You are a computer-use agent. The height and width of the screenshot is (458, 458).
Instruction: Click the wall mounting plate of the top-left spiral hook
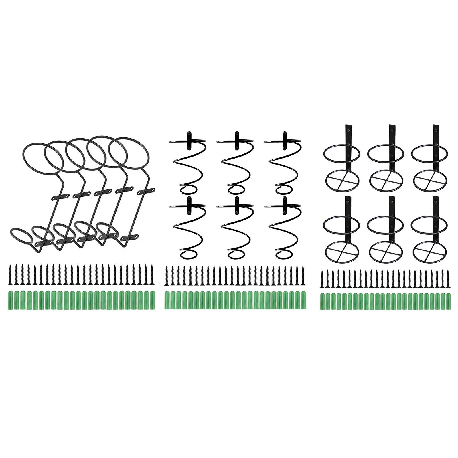(x=189, y=140)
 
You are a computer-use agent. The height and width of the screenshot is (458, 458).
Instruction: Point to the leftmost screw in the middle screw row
(x=167, y=275)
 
